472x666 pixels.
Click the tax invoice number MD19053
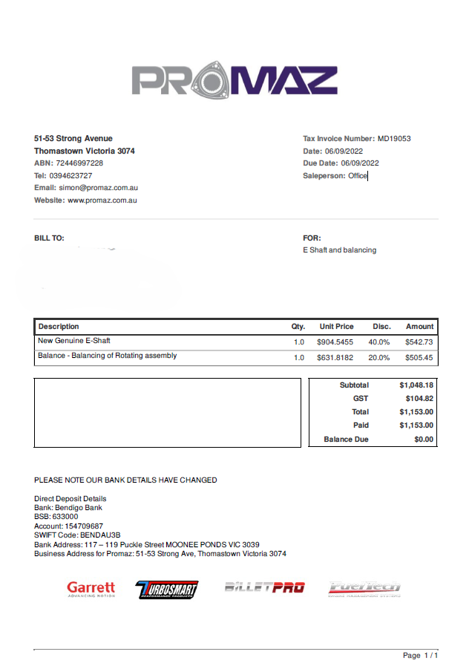click(394, 138)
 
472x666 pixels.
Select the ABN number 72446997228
click(79, 163)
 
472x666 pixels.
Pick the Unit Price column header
click(336, 327)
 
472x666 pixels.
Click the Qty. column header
click(298, 327)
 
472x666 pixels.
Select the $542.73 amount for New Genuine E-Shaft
click(419, 342)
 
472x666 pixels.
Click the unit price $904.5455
click(336, 342)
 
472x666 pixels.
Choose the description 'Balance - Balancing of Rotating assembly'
click(108, 356)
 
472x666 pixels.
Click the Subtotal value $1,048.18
click(416, 385)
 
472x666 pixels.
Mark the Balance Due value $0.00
click(424, 440)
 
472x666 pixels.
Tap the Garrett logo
click(91, 589)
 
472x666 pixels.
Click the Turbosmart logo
click(167, 590)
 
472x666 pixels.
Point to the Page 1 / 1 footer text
click(420, 656)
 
